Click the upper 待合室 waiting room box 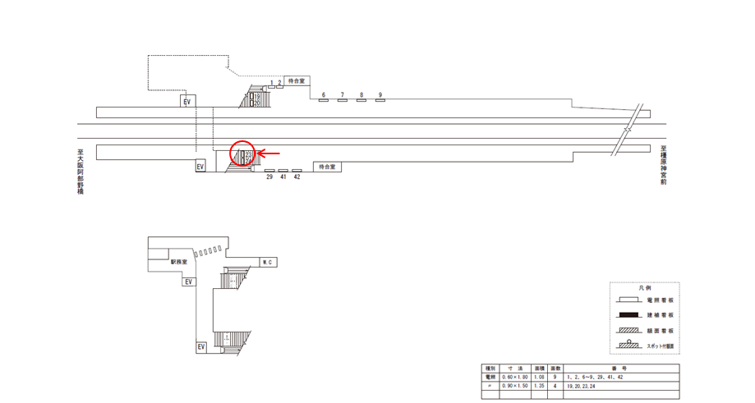(296, 81)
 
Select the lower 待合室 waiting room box (327, 167)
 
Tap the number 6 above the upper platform (324, 95)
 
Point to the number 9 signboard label (380, 95)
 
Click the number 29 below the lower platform (269, 176)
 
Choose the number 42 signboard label (297, 176)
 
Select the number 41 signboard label (283, 176)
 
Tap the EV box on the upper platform (187, 101)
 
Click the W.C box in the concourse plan (267, 263)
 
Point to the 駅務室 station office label (179, 263)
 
